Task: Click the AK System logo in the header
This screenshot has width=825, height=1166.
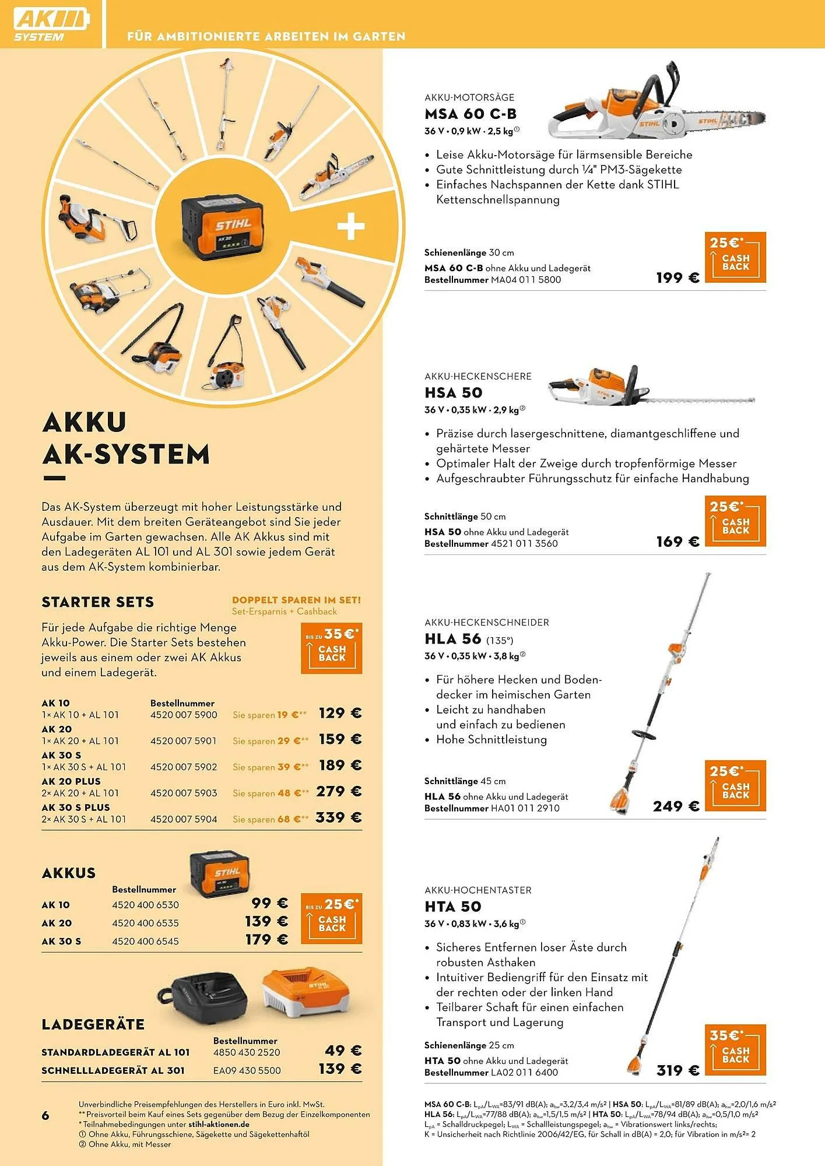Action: point(52,25)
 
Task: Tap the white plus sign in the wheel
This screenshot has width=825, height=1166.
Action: point(351,226)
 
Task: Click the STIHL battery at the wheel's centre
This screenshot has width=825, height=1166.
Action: point(217,228)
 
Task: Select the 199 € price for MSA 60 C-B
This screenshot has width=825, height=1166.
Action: point(677,278)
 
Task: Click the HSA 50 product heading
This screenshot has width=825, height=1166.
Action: point(453,393)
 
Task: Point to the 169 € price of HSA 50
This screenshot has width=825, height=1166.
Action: point(677,542)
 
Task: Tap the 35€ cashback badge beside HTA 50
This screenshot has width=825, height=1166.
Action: point(735,1050)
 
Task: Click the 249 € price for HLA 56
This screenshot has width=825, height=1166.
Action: point(676,807)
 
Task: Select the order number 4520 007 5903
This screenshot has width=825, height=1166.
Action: point(184,793)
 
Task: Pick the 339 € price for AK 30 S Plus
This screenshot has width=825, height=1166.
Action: point(339,818)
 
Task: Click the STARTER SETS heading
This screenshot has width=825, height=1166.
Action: point(97,602)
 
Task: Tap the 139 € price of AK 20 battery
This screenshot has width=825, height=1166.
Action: point(266,922)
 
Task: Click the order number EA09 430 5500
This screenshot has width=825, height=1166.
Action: point(247,1070)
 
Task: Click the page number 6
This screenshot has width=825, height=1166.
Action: point(45,1115)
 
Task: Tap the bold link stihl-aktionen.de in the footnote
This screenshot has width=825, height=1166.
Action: point(219,1124)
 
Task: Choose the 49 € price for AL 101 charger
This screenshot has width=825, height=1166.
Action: point(343,1051)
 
